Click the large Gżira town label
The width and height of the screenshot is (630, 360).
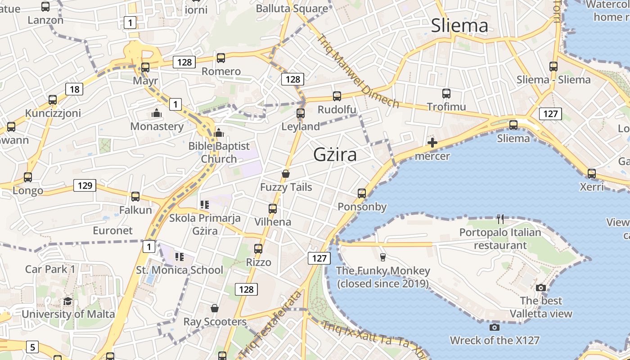pyautogui.click(x=335, y=155)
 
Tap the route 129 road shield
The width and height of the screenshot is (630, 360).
pyautogui.click(x=85, y=185)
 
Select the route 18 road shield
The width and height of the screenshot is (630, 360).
pyautogui.click(x=74, y=89)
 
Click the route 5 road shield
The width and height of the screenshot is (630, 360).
pyautogui.click(x=32, y=347)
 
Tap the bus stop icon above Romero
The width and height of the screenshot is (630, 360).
pyautogui.click(x=221, y=58)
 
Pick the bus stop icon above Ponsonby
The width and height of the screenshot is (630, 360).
pyautogui.click(x=362, y=193)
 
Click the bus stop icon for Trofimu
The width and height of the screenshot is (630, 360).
pyautogui.click(x=446, y=94)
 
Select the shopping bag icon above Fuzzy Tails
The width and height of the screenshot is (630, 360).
pyautogui.click(x=285, y=174)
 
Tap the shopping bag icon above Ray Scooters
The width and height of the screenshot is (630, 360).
pyautogui.click(x=215, y=308)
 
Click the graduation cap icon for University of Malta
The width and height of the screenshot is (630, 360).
pyautogui.click(x=67, y=301)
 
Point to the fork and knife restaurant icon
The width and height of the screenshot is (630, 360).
pyautogui.click(x=500, y=219)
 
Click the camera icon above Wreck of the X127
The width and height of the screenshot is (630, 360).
pyautogui.click(x=495, y=327)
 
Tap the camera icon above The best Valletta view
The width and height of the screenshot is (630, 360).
pyautogui.click(x=541, y=288)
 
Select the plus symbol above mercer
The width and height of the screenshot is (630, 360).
pyautogui.click(x=432, y=143)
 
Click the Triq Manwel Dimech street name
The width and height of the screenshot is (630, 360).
pyautogui.click(x=358, y=72)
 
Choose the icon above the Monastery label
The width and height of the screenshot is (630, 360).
pyautogui.click(x=157, y=113)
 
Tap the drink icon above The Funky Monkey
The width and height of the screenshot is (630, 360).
pyautogui.click(x=383, y=257)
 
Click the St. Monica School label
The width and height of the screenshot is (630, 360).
pyautogui.click(x=180, y=270)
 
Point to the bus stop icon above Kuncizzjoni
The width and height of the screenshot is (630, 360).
pyautogui.click(x=53, y=99)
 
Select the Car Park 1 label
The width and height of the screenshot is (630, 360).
pyautogui.click(x=50, y=269)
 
